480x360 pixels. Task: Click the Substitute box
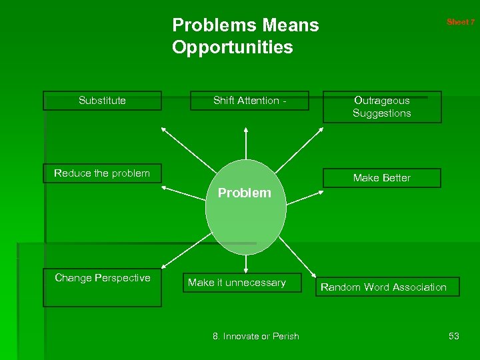(102, 101)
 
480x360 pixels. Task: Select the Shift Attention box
(249, 101)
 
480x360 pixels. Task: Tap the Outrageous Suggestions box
(382, 107)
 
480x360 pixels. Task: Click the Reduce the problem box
(102, 173)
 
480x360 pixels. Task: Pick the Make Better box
(382, 178)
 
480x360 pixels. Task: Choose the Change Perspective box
(102, 287)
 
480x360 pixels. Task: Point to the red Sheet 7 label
(461, 22)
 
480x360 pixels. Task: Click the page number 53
(453, 336)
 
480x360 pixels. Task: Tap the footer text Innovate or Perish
(256, 336)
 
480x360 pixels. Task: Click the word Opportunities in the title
(232, 47)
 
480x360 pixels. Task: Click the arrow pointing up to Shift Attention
(246, 147)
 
